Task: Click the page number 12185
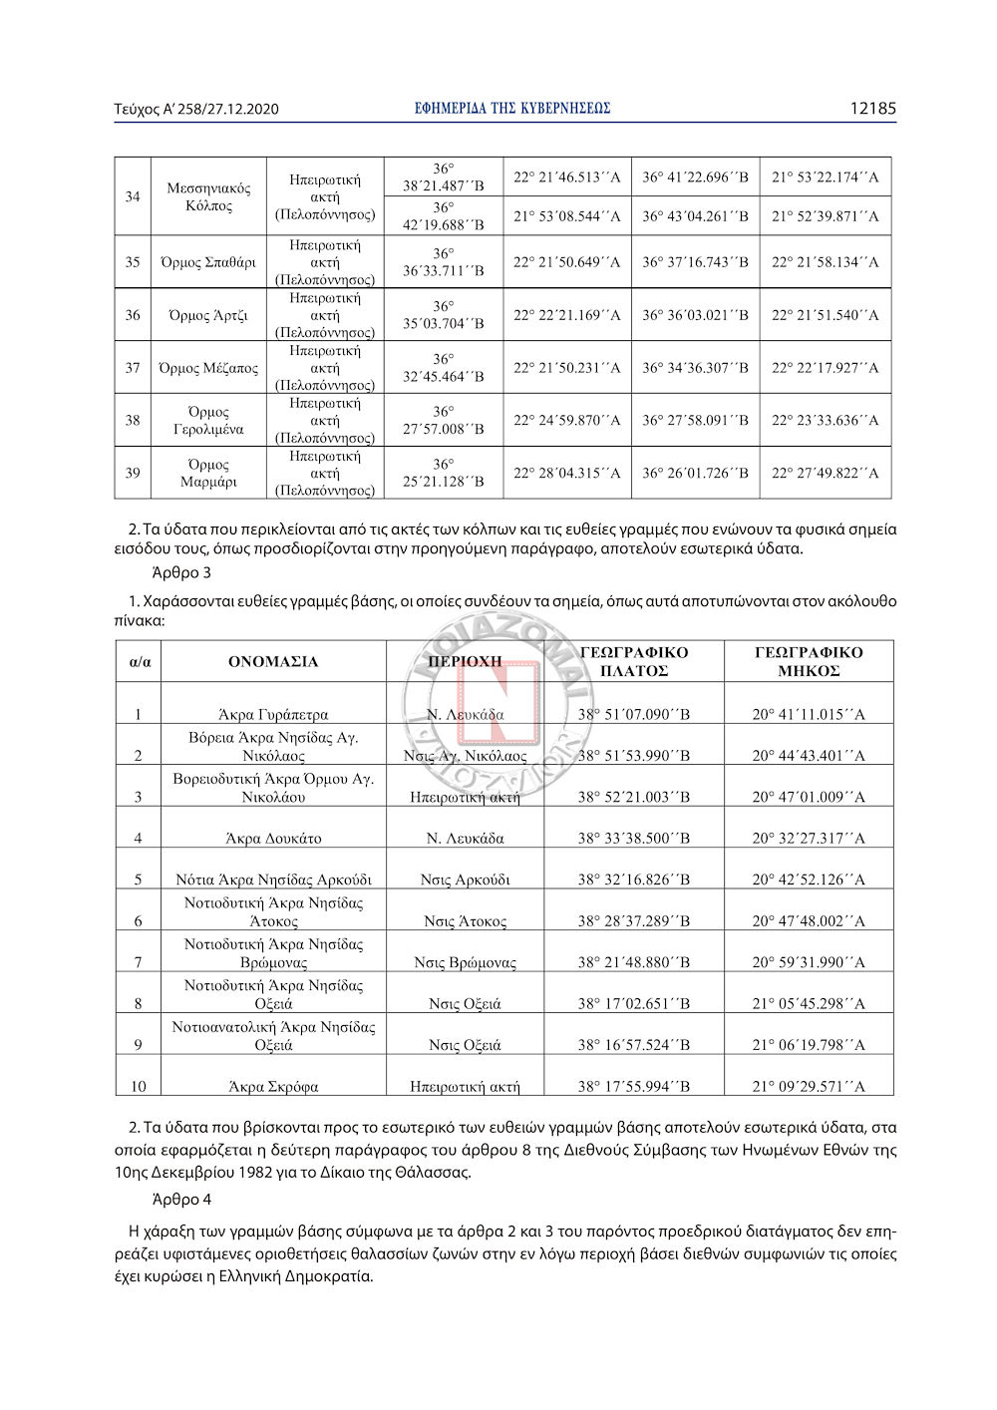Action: click(x=872, y=109)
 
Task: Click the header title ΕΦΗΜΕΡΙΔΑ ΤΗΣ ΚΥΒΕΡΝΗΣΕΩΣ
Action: click(x=512, y=109)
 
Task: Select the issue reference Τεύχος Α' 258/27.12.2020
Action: click(x=196, y=109)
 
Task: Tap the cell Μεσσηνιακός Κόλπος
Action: click(x=208, y=196)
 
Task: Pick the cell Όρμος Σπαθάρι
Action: click(x=208, y=262)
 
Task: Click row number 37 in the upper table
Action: click(x=133, y=368)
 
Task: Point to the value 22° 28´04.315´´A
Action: click(x=566, y=473)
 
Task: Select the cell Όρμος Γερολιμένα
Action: click(x=208, y=420)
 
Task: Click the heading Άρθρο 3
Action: click(x=181, y=572)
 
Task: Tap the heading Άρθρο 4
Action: click(x=181, y=1200)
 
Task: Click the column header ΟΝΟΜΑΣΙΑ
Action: click(x=273, y=661)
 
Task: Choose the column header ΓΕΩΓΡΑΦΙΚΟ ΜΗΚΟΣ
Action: click(x=809, y=661)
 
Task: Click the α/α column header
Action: click(x=139, y=661)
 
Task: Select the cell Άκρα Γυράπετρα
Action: click(x=273, y=714)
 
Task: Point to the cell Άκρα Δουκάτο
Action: click(x=273, y=838)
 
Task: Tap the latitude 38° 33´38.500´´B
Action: click(x=633, y=838)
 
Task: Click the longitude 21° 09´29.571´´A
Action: click(x=809, y=1086)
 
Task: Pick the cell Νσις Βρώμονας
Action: click(x=465, y=962)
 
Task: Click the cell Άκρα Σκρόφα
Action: click(x=273, y=1086)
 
